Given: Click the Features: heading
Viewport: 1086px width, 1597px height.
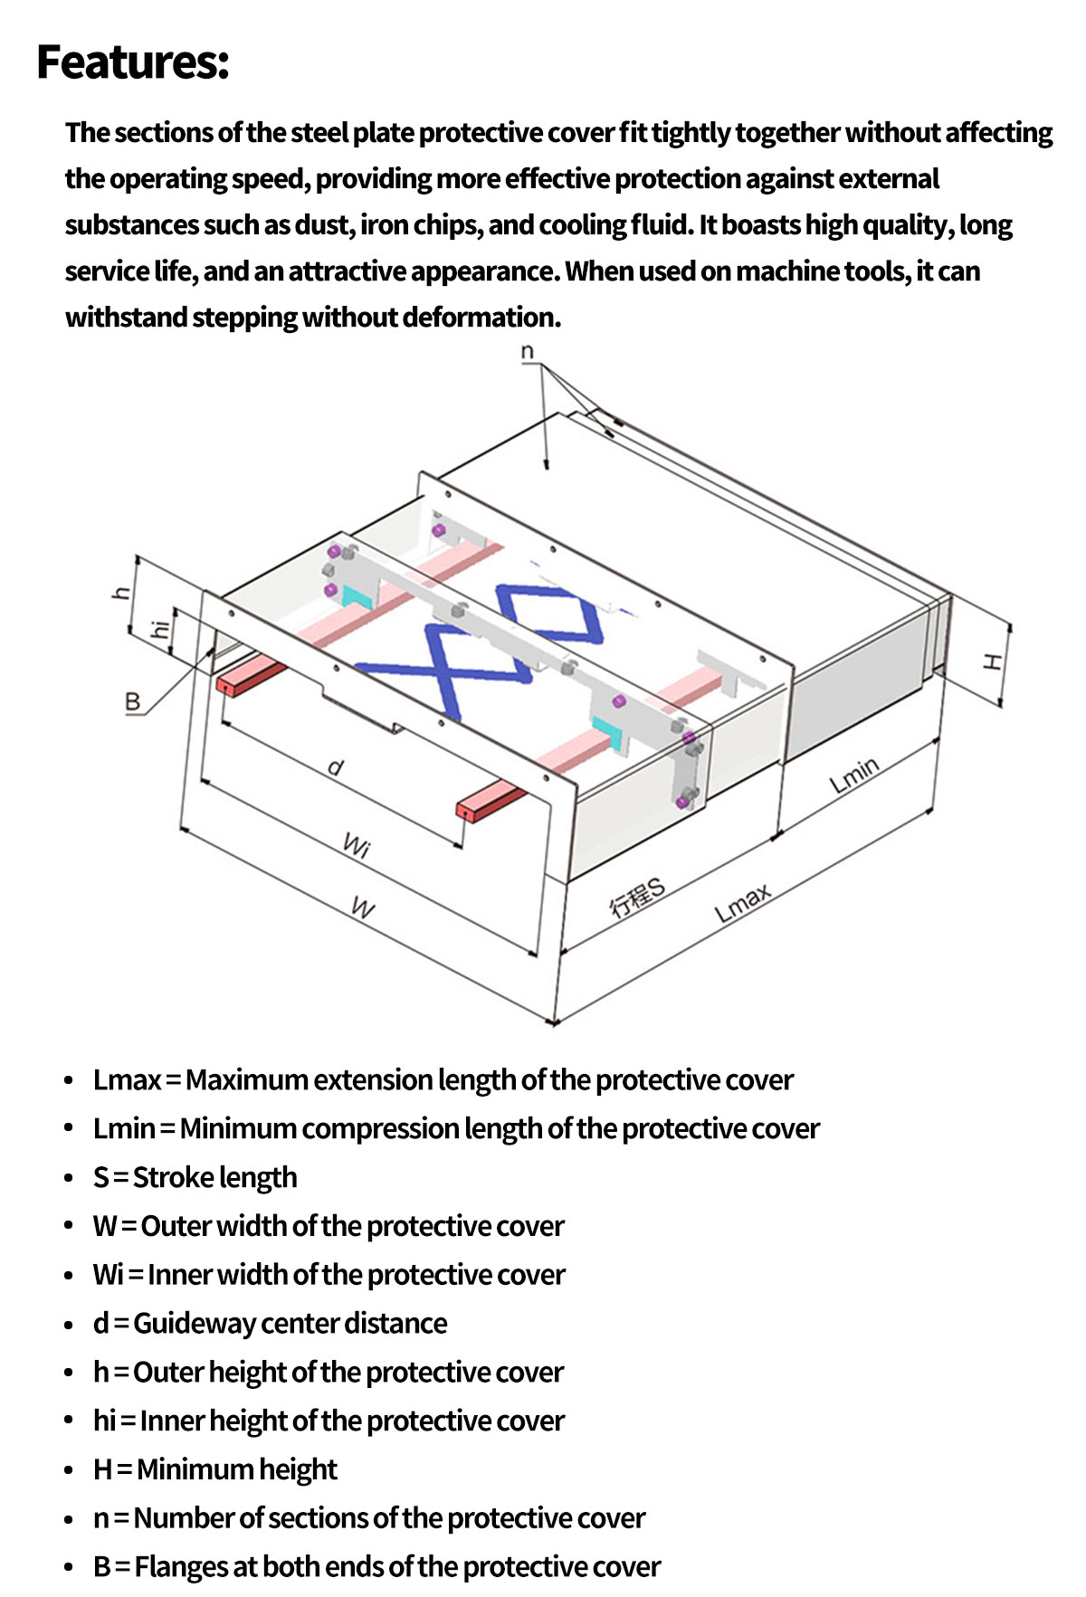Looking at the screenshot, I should coord(133,62).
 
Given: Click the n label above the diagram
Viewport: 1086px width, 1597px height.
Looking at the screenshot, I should coord(528,352).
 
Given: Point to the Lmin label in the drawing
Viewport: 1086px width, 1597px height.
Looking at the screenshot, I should coord(854,775).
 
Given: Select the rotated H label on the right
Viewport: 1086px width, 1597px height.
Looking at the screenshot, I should coord(993,661).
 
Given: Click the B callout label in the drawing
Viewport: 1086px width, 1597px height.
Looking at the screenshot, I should coord(132,701).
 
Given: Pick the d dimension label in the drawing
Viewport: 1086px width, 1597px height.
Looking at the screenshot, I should coord(336,768).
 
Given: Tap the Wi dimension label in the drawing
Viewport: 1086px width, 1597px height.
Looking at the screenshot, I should coord(357,847).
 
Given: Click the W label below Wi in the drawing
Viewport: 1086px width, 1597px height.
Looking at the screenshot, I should coord(362,908).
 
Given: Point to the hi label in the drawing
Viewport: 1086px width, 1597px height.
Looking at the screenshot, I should coord(159,628).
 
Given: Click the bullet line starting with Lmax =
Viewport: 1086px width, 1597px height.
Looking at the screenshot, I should coord(443,1079).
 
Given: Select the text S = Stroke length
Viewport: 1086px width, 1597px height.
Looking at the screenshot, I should coord(195,1177).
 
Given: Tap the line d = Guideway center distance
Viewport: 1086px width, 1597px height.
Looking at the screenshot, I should coord(270,1323).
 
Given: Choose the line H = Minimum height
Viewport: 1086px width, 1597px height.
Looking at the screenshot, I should coord(214,1469).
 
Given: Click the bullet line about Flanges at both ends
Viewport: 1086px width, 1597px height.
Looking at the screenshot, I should coord(376,1566).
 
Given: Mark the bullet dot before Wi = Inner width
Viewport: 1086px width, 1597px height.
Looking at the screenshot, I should coord(69,1275).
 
